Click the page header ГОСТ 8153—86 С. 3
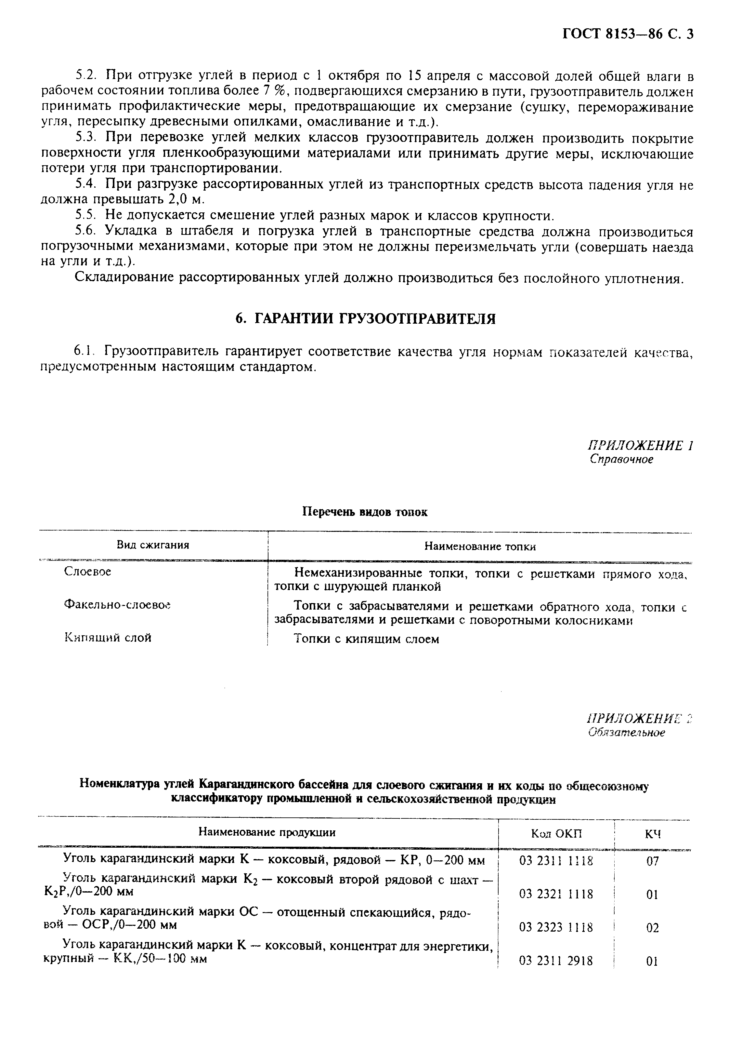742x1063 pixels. (x=628, y=35)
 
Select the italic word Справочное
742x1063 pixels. (x=622, y=460)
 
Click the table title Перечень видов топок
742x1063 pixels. (x=365, y=512)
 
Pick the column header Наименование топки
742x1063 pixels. (x=480, y=547)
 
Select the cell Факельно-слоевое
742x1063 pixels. (x=117, y=605)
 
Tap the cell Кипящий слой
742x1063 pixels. (x=108, y=638)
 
